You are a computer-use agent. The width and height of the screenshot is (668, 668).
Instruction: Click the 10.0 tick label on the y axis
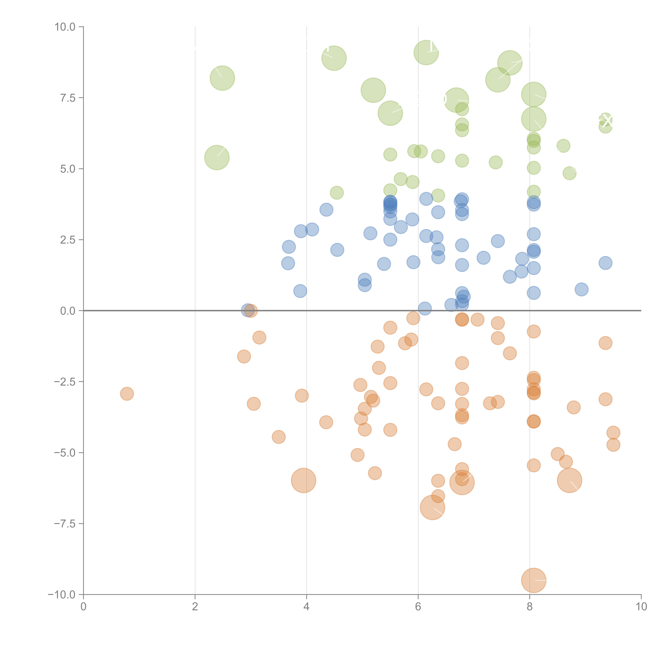pyautogui.click(x=65, y=27)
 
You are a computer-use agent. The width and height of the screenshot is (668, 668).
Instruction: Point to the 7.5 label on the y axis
pyautogui.click(x=68, y=98)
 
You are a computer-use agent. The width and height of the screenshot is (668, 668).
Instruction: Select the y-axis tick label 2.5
pyautogui.click(x=68, y=240)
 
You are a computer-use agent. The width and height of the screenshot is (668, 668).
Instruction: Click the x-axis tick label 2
pyautogui.click(x=195, y=607)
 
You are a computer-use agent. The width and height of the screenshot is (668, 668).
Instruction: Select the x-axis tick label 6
pyautogui.click(x=418, y=607)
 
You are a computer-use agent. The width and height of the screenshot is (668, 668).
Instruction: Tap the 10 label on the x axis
pyautogui.click(x=641, y=607)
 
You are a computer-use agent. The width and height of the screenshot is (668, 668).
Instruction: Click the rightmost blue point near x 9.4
pyautogui.click(x=605, y=263)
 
